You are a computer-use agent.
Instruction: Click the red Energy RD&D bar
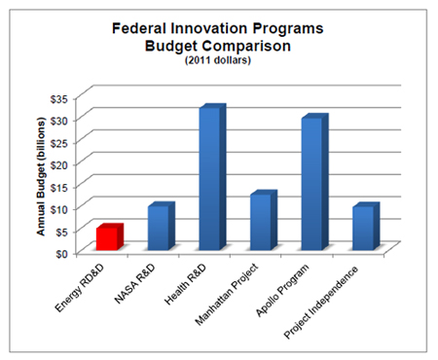point(109,237)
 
